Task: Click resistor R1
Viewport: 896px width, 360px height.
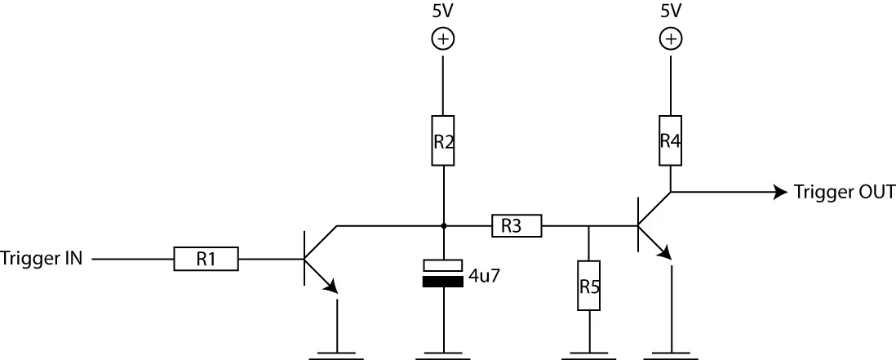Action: (x=206, y=259)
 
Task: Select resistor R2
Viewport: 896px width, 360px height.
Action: (x=443, y=140)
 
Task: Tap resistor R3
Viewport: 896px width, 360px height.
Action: (x=516, y=226)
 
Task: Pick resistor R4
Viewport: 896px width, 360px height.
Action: (x=670, y=140)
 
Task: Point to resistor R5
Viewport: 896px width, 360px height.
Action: (x=588, y=286)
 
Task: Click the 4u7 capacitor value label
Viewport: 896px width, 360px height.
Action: (x=484, y=276)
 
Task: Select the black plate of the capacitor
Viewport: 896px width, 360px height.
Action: (x=443, y=282)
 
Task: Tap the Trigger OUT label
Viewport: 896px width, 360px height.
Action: (x=845, y=193)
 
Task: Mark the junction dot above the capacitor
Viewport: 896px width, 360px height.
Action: (x=443, y=225)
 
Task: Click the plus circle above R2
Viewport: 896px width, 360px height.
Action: (x=443, y=38)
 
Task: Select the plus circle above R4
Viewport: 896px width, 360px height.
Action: (x=670, y=38)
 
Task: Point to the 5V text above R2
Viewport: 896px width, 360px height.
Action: (x=443, y=11)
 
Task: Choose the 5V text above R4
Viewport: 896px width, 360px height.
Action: (x=670, y=11)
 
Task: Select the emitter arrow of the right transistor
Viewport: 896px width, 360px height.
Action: (x=665, y=252)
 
